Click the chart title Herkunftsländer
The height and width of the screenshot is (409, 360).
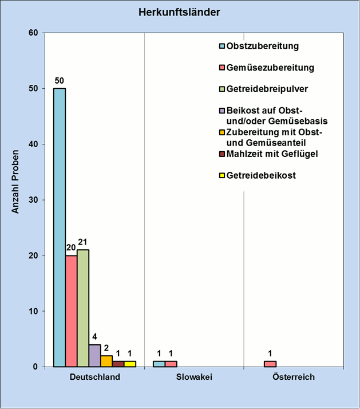coord(180,12)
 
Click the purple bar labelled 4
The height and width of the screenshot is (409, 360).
coord(94,355)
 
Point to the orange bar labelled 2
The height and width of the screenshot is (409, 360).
coord(106,361)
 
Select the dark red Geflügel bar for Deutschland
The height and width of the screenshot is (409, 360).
coord(118,364)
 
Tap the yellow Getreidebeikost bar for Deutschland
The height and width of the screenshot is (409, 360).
coord(130,364)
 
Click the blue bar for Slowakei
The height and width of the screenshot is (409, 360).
coord(159,364)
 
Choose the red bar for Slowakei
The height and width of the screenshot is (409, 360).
coord(171,364)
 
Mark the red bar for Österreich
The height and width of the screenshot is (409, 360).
coord(270,364)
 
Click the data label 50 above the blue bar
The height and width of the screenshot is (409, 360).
coord(60,81)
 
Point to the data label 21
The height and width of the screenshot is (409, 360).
coord(83,242)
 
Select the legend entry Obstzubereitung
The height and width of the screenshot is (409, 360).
coord(263,46)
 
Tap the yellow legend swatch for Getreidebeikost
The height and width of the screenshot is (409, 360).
coord(222,176)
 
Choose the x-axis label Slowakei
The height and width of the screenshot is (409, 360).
coord(194,377)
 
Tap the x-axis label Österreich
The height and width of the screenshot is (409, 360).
coord(294,377)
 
